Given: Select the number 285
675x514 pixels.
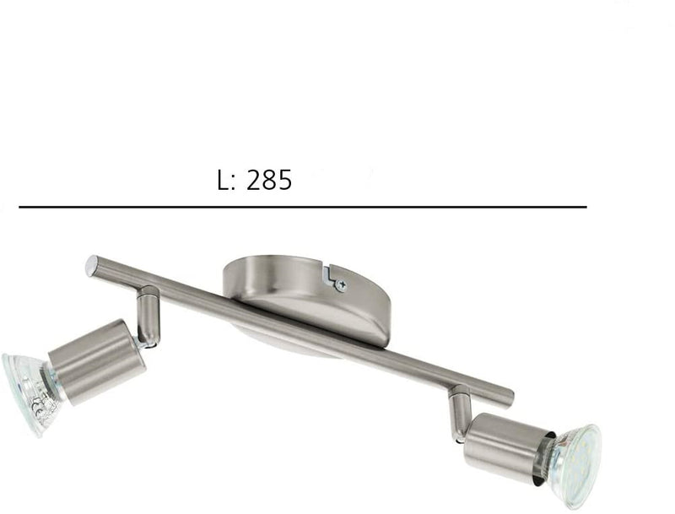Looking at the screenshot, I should coord(268,181).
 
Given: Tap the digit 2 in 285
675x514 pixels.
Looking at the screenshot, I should coord(253,181).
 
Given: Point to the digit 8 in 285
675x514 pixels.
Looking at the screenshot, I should coord(269,181).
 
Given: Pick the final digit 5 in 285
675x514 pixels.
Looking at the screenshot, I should coord(284,181).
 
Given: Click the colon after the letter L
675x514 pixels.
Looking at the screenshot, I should coord(235,183).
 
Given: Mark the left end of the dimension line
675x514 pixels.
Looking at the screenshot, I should coord(20,207).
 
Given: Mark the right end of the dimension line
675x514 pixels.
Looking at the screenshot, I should coord(586,207).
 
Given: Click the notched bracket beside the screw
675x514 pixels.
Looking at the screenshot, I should coord(330,272).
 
